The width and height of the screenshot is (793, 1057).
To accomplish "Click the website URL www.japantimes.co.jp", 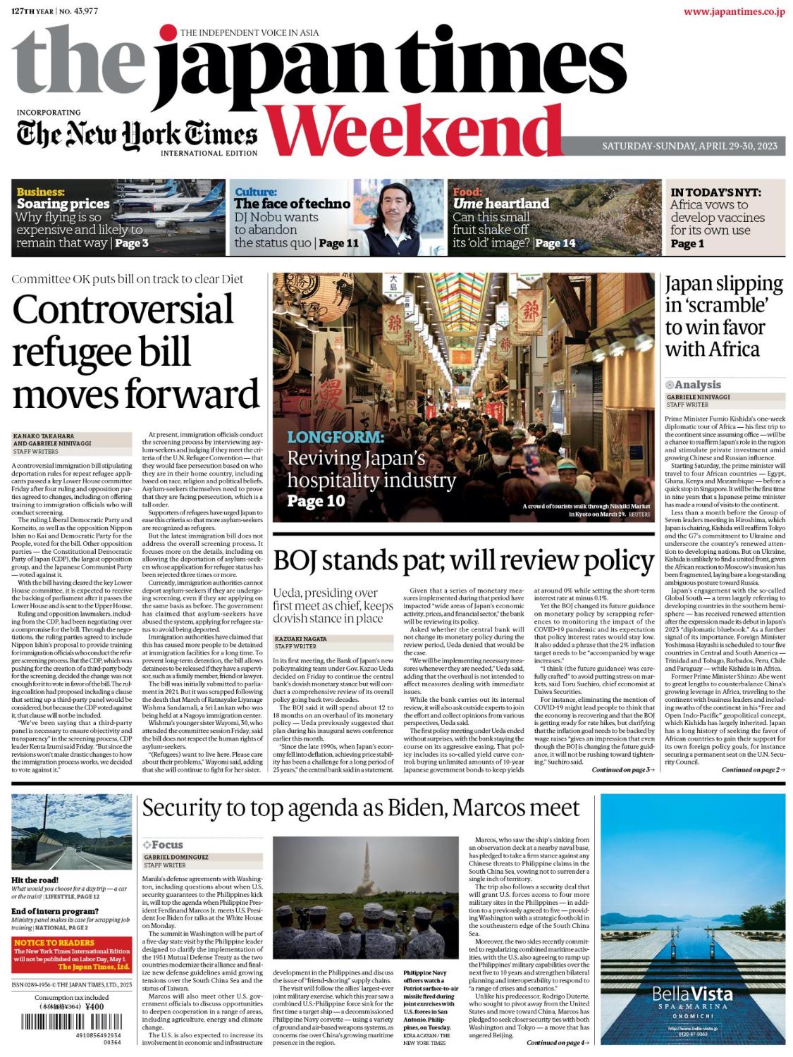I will tap(733, 11).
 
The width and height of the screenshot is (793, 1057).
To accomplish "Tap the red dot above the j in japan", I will tap(168, 32).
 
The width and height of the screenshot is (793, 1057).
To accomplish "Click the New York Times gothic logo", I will tap(136, 134).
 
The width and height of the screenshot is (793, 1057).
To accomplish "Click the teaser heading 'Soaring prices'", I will tap(63, 204).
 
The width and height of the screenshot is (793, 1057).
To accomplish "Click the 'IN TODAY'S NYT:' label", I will tap(715, 192).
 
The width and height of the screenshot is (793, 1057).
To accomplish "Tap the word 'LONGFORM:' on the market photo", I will tap(335, 437).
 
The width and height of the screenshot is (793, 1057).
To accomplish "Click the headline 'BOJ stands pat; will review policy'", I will tap(463, 561).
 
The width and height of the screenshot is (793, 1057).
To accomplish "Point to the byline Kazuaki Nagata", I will tap(296, 638).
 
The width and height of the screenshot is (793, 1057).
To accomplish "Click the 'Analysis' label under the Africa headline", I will tap(696, 385).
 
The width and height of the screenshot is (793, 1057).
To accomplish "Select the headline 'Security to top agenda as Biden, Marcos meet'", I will tap(360, 808).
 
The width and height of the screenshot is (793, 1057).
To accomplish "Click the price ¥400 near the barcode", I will tap(94, 1006).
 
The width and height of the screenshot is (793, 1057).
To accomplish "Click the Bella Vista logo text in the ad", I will tap(691, 994).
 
